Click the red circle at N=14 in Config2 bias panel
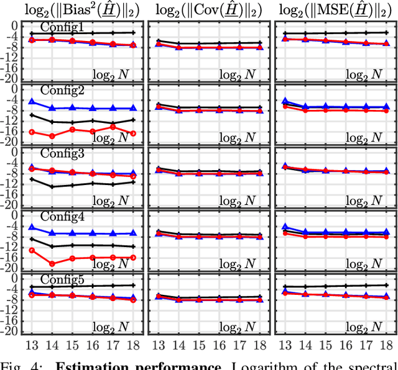pos(52,136)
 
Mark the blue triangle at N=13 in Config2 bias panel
pos(32,102)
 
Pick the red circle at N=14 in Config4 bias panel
pos(52,264)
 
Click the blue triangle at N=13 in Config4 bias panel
pos(32,227)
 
